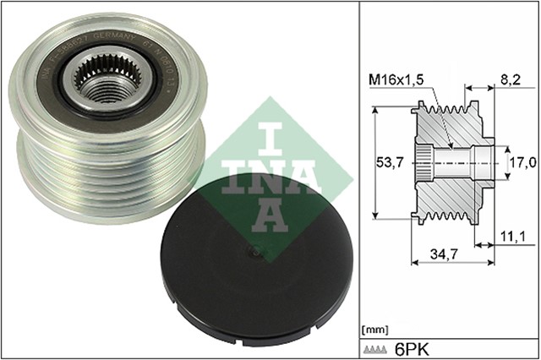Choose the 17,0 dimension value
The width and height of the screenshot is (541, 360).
tap(520, 161)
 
